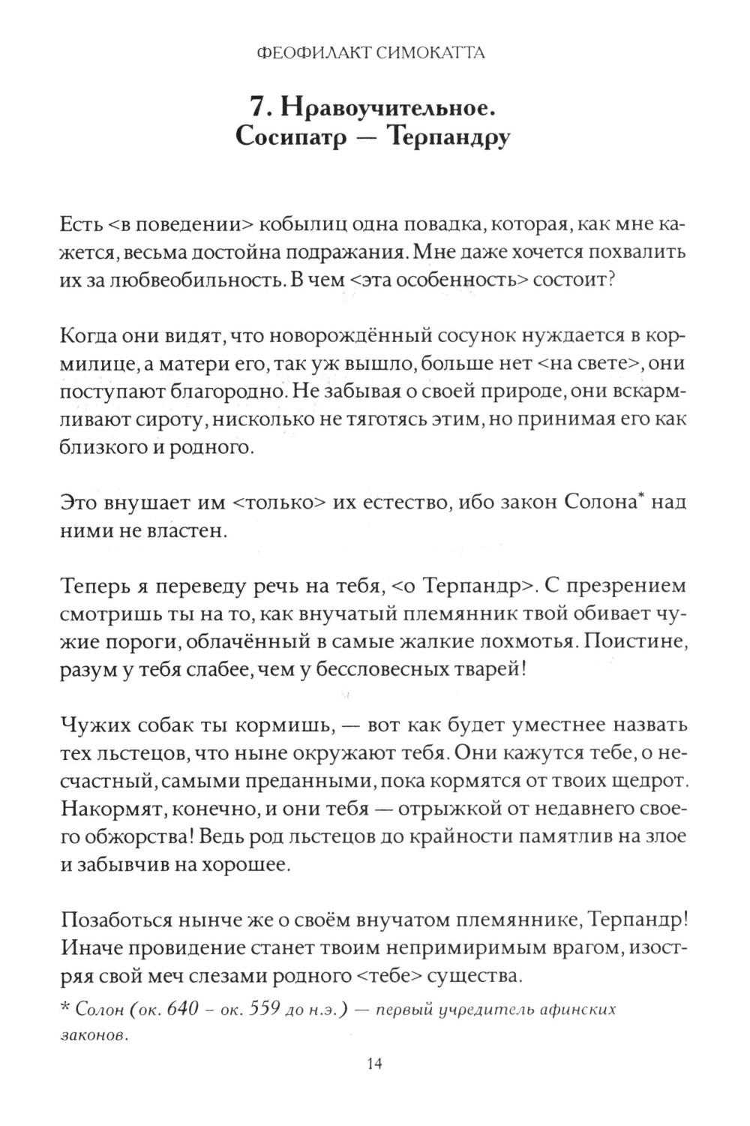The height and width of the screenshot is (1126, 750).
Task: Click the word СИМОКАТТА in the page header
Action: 424,53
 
